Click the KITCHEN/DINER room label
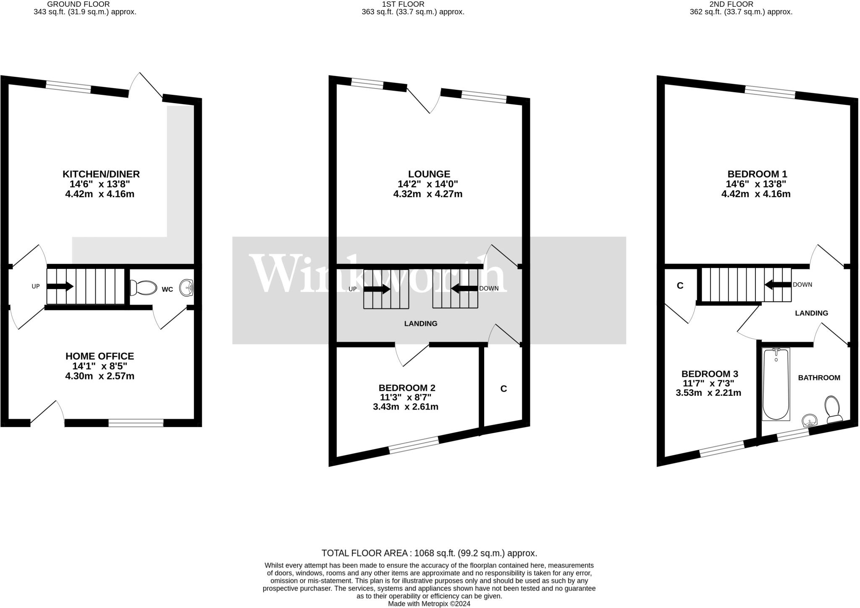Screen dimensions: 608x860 (x=101, y=174)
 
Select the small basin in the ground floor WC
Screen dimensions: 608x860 (x=187, y=288)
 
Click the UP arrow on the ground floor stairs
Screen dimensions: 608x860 (x=60, y=287)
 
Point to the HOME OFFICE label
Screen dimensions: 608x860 (x=100, y=356)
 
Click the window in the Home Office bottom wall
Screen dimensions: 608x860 (x=136, y=423)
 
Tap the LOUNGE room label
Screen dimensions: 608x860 (x=429, y=174)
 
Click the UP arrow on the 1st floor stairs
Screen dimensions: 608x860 (x=377, y=289)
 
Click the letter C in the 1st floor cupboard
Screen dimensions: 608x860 (x=503, y=389)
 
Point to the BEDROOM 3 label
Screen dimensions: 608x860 (x=709, y=374)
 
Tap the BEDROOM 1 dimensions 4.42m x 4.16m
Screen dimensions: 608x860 (x=755, y=194)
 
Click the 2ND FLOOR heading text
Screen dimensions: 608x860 (x=741, y=4)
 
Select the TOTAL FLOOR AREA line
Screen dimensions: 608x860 (x=429, y=553)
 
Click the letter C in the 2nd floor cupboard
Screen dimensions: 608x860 (x=680, y=286)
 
